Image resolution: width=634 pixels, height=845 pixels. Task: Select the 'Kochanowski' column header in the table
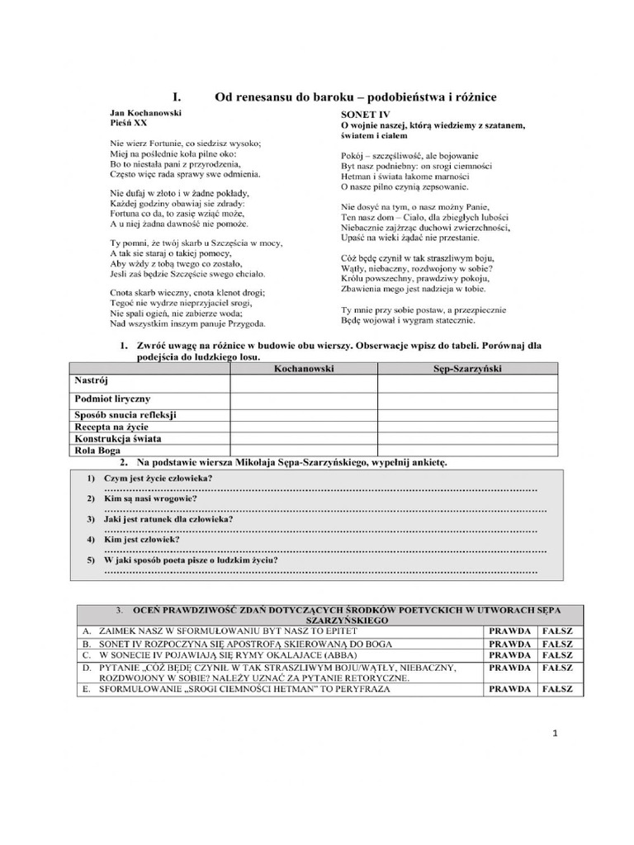coord(303,369)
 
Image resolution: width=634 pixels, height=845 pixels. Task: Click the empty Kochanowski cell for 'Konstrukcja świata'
coord(303,438)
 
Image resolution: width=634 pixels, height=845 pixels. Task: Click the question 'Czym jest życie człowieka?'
coord(158,479)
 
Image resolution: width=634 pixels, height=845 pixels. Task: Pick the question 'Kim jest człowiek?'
coord(143,539)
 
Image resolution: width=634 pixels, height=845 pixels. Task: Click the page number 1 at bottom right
coord(556,733)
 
